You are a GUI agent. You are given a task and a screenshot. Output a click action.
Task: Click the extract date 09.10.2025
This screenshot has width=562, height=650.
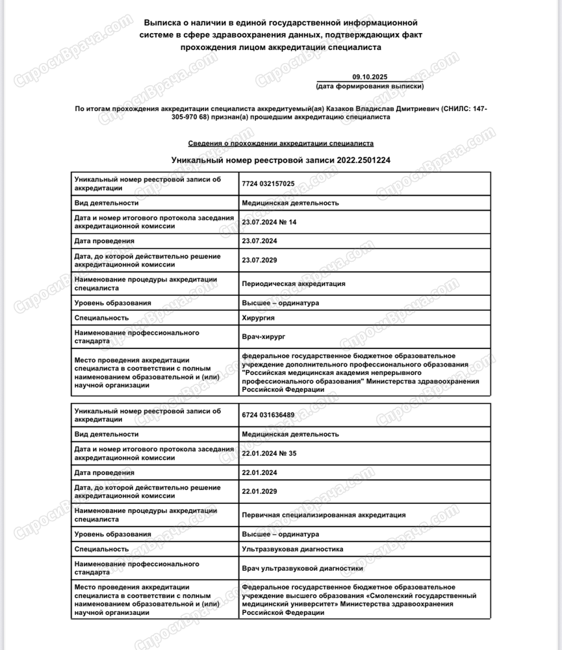[x=368, y=77]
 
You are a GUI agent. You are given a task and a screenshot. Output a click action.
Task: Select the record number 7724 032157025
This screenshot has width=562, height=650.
[x=268, y=183]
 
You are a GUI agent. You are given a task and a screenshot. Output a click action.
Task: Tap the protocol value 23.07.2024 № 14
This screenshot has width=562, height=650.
[x=268, y=222]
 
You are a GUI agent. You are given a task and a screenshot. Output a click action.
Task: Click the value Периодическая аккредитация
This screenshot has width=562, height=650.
[x=293, y=283]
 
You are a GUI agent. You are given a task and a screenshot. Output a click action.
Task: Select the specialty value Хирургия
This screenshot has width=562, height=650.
[x=257, y=318]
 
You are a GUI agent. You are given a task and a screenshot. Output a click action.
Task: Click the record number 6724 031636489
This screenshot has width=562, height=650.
[x=268, y=415]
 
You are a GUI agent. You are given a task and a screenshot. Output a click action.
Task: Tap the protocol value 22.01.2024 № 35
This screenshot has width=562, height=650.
[x=268, y=453]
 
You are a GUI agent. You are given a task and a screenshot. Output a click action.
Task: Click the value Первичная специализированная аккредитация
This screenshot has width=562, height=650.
[x=324, y=515]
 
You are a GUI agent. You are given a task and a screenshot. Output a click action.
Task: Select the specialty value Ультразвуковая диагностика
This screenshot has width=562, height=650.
[x=292, y=549]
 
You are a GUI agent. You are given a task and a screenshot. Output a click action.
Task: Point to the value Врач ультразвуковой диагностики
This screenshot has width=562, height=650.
[x=302, y=568]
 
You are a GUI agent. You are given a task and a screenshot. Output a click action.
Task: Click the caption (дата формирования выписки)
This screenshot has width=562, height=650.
[x=369, y=86]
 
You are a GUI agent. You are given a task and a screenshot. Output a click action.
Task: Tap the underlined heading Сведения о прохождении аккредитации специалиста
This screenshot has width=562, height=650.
[x=281, y=143]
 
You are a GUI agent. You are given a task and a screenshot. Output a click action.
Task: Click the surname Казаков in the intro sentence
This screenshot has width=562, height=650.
[x=326, y=109]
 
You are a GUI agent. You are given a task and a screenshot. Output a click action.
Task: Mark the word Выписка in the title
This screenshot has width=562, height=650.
[x=162, y=23]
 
